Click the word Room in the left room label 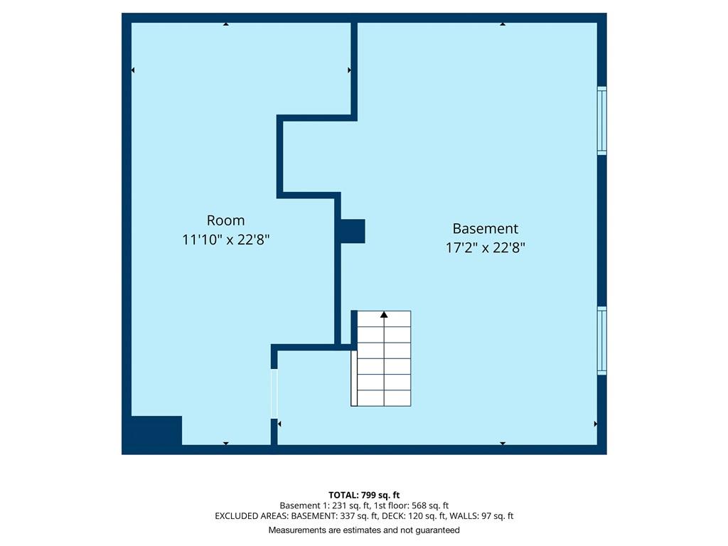tap(225, 220)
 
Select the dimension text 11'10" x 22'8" tap(225, 240)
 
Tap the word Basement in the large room tap(485, 228)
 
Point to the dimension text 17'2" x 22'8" tap(485, 247)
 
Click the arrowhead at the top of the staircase tap(384, 315)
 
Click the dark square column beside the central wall tap(353, 231)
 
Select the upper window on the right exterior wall tap(601, 121)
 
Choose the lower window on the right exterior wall tap(601, 341)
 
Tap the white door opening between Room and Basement tap(274, 394)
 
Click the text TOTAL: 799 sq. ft tap(364, 495)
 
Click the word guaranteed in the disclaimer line tap(437, 530)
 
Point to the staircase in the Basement tap(381, 358)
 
